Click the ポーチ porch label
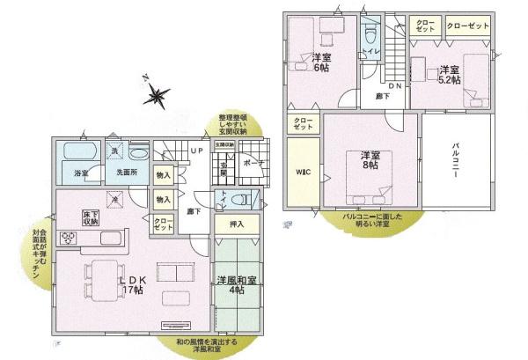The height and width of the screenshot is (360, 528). pos(253,163)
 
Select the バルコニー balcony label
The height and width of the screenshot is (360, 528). pos(458,164)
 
